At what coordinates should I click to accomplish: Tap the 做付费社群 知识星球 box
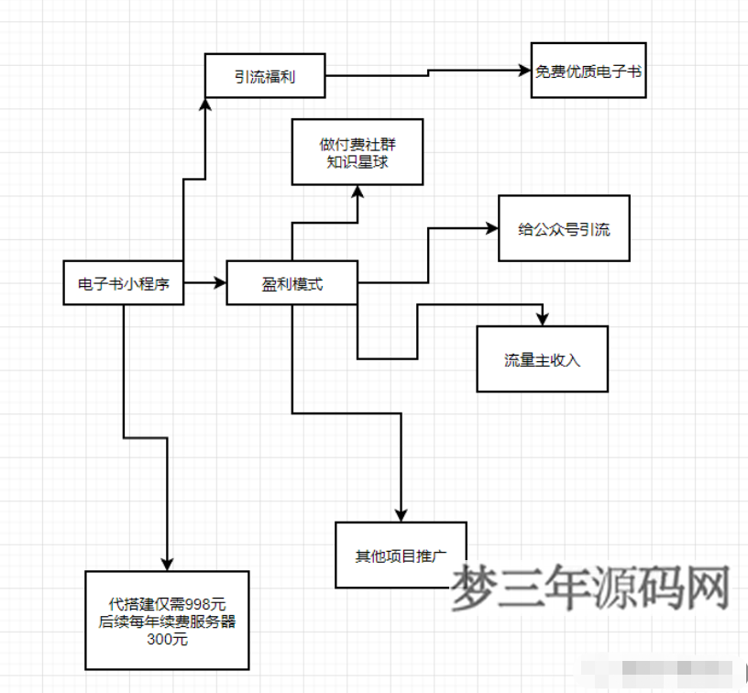[x=357, y=151]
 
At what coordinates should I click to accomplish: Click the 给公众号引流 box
[x=564, y=229]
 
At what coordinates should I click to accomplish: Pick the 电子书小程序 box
[x=123, y=284]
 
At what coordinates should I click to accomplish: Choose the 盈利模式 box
[x=291, y=284]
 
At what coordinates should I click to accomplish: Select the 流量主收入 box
[x=542, y=359]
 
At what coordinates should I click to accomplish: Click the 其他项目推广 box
[x=401, y=555]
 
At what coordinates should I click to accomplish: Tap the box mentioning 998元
[x=167, y=621]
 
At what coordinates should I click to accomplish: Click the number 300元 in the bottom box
[x=167, y=639]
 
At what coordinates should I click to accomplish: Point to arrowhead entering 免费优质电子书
[x=523, y=70]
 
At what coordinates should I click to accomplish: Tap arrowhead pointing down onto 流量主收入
[x=542, y=320]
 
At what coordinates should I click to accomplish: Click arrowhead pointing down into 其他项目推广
[x=401, y=516]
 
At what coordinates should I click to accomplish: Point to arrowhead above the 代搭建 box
[x=167, y=564]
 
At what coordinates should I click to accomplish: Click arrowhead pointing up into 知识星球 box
[x=357, y=191]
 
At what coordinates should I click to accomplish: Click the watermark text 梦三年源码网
[x=590, y=588]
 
